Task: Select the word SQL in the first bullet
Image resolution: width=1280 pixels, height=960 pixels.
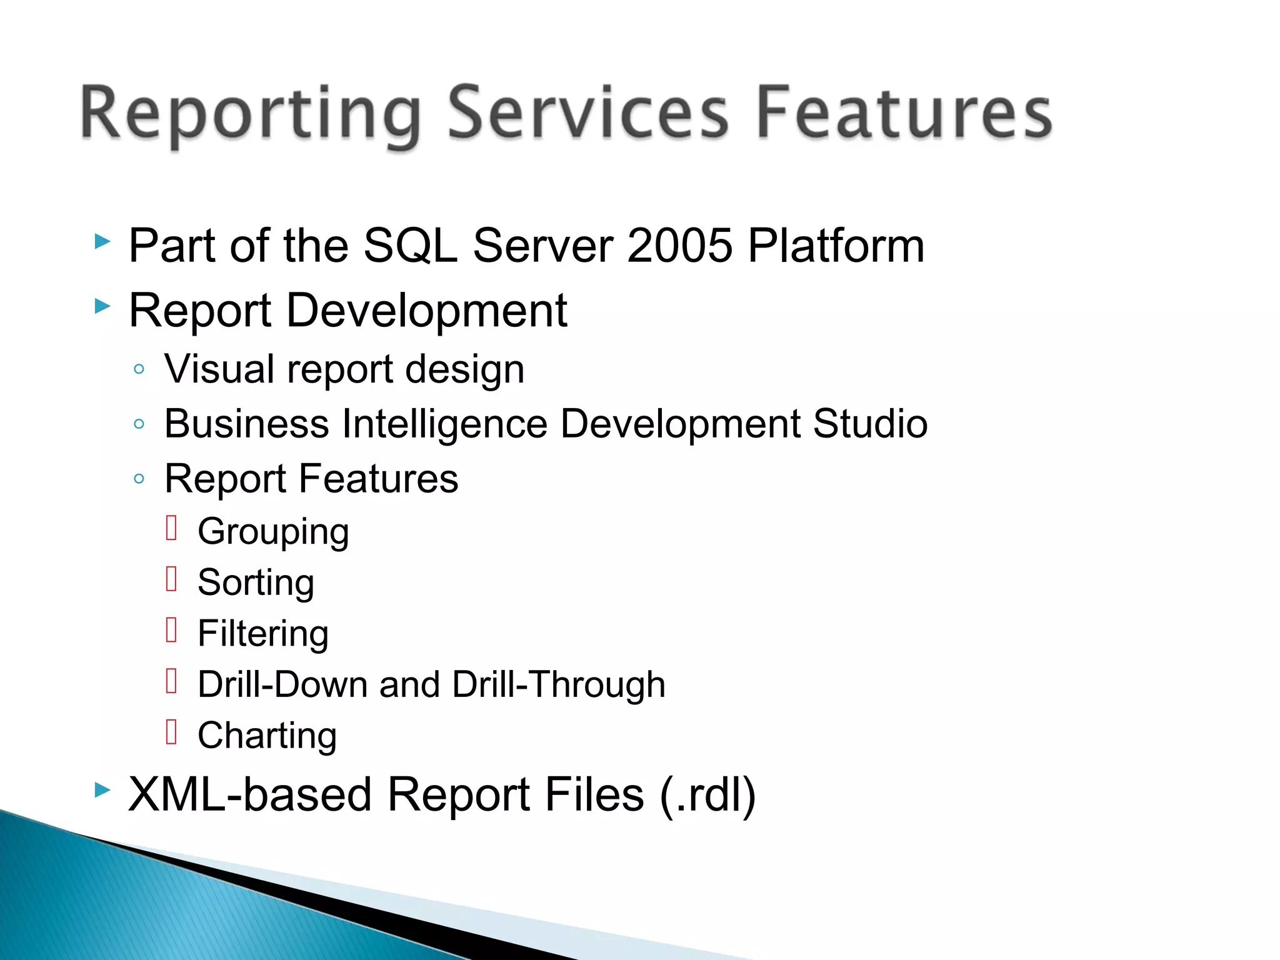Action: pyautogui.click(x=410, y=246)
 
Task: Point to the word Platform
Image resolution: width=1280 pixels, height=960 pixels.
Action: pyautogui.click(x=836, y=246)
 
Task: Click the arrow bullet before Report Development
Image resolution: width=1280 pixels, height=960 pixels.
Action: pyautogui.click(x=102, y=306)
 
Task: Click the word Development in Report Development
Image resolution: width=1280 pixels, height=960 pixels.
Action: pyautogui.click(x=426, y=311)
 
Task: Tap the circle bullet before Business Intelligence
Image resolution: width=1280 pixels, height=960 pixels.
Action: pyautogui.click(x=139, y=424)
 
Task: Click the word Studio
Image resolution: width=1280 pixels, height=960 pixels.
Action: pyautogui.click(x=869, y=424)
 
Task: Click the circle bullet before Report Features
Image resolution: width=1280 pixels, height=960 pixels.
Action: pyautogui.click(x=139, y=479)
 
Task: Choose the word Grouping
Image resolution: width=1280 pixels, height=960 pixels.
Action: pyautogui.click(x=273, y=532)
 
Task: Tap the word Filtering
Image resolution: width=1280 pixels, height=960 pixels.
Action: pyautogui.click(x=262, y=634)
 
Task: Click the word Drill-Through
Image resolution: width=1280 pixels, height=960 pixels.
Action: pyautogui.click(x=558, y=684)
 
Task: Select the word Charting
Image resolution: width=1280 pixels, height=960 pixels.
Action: pyautogui.click(x=267, y=736)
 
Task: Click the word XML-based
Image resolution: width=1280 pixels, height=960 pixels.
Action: pyautogui.click(x=249, y=795)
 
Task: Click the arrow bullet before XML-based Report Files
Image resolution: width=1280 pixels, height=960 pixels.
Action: pyautogui.click(x=102, y=790)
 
